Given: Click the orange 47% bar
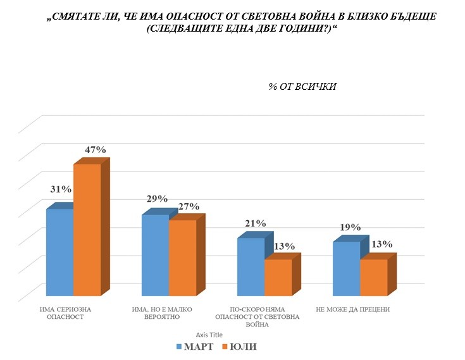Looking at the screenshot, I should point(87,230).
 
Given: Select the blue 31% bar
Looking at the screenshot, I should point(60,252).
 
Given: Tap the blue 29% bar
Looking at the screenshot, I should point(155,255).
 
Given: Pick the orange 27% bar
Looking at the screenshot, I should point(182,258).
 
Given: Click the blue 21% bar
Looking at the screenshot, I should point(251,266).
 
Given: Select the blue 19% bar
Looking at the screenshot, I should point(346,268).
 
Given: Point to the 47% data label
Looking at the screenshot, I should point(95,150).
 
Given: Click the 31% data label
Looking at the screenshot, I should point(60,189).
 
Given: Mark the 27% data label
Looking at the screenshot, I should point(189,206).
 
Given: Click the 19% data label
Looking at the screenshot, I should point(350,227).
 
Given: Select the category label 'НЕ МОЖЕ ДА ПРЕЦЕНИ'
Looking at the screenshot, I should point(352,309).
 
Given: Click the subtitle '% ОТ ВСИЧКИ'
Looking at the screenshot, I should point(302,87).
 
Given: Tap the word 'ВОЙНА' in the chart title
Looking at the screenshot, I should point(280,17).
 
